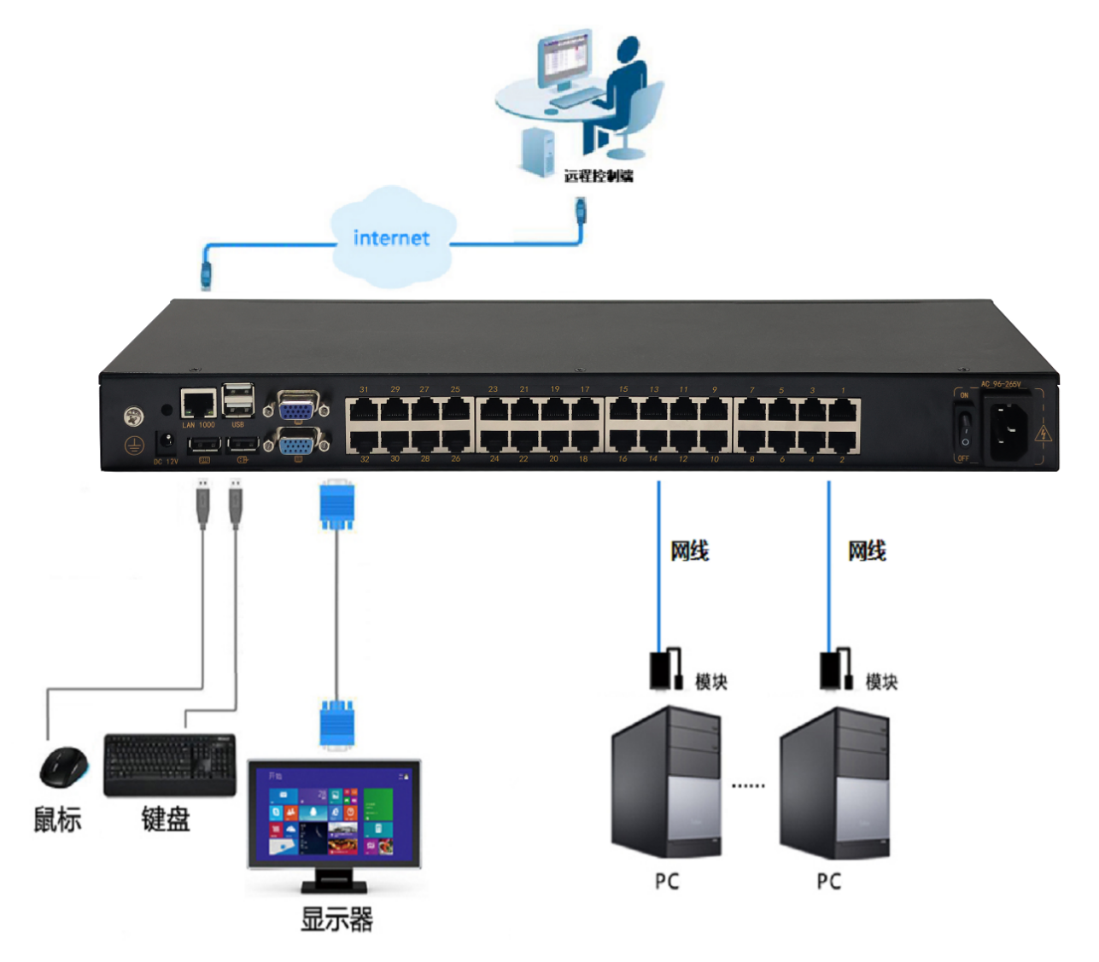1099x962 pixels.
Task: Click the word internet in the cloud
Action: point(391,238)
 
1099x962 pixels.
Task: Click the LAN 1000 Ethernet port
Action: point(198,404)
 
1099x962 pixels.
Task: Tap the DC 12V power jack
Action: point(166,442)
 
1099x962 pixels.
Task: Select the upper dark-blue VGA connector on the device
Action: point(296,408)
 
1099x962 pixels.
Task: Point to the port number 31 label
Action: point(364,389)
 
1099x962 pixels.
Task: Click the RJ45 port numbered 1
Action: point(843,411)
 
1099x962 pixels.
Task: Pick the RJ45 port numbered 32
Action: point(364,440)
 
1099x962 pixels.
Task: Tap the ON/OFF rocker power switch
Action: point(964,428)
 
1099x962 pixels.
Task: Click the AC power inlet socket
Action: point(1008,429)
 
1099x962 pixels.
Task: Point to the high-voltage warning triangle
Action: point(1043,434)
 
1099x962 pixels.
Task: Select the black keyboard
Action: point(169,763)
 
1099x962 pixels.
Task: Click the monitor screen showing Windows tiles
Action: point(334,814)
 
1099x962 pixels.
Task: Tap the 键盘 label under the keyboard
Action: point(166,819)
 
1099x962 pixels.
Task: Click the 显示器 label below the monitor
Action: point(336,920)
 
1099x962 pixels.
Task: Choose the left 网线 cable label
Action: point(689,551)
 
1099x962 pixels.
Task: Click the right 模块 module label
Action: point(881,682)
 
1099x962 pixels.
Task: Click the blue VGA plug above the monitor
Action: point(336,726)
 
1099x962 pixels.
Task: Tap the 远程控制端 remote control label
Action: point(599,176)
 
